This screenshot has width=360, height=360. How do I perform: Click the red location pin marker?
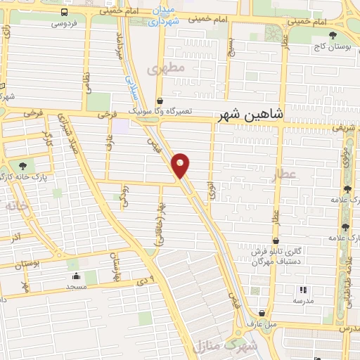[181, 165]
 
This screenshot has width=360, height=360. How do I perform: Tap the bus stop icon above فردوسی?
[65, 12]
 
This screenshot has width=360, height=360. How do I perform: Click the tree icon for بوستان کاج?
[333, 34]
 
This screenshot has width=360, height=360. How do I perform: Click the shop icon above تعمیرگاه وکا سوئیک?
[160, 101]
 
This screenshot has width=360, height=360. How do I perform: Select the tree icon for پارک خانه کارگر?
[22, 165]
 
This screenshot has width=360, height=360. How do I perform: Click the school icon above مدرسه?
[303, 289]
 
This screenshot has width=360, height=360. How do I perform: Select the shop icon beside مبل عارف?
[262, 314]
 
